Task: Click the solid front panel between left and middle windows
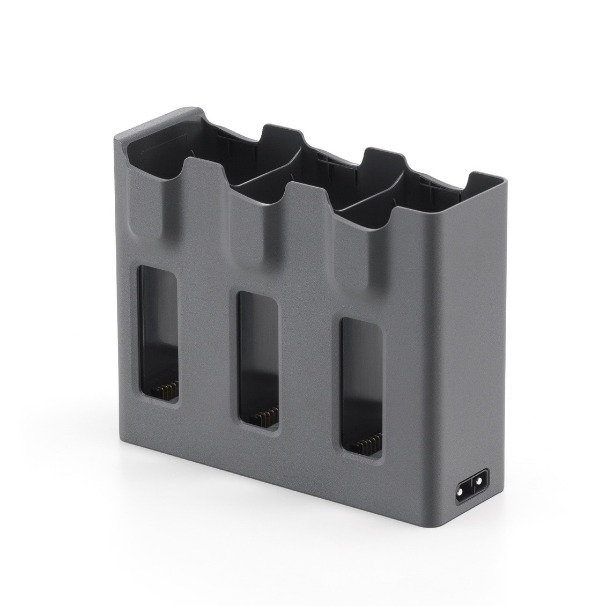coord(207,349)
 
